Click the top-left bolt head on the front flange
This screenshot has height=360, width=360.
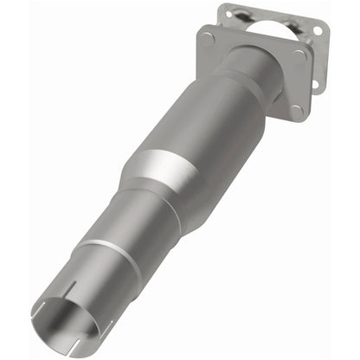(208, 37)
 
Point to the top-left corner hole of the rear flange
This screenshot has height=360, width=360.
(228, 10)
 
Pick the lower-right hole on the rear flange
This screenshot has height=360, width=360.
(315, 85)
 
